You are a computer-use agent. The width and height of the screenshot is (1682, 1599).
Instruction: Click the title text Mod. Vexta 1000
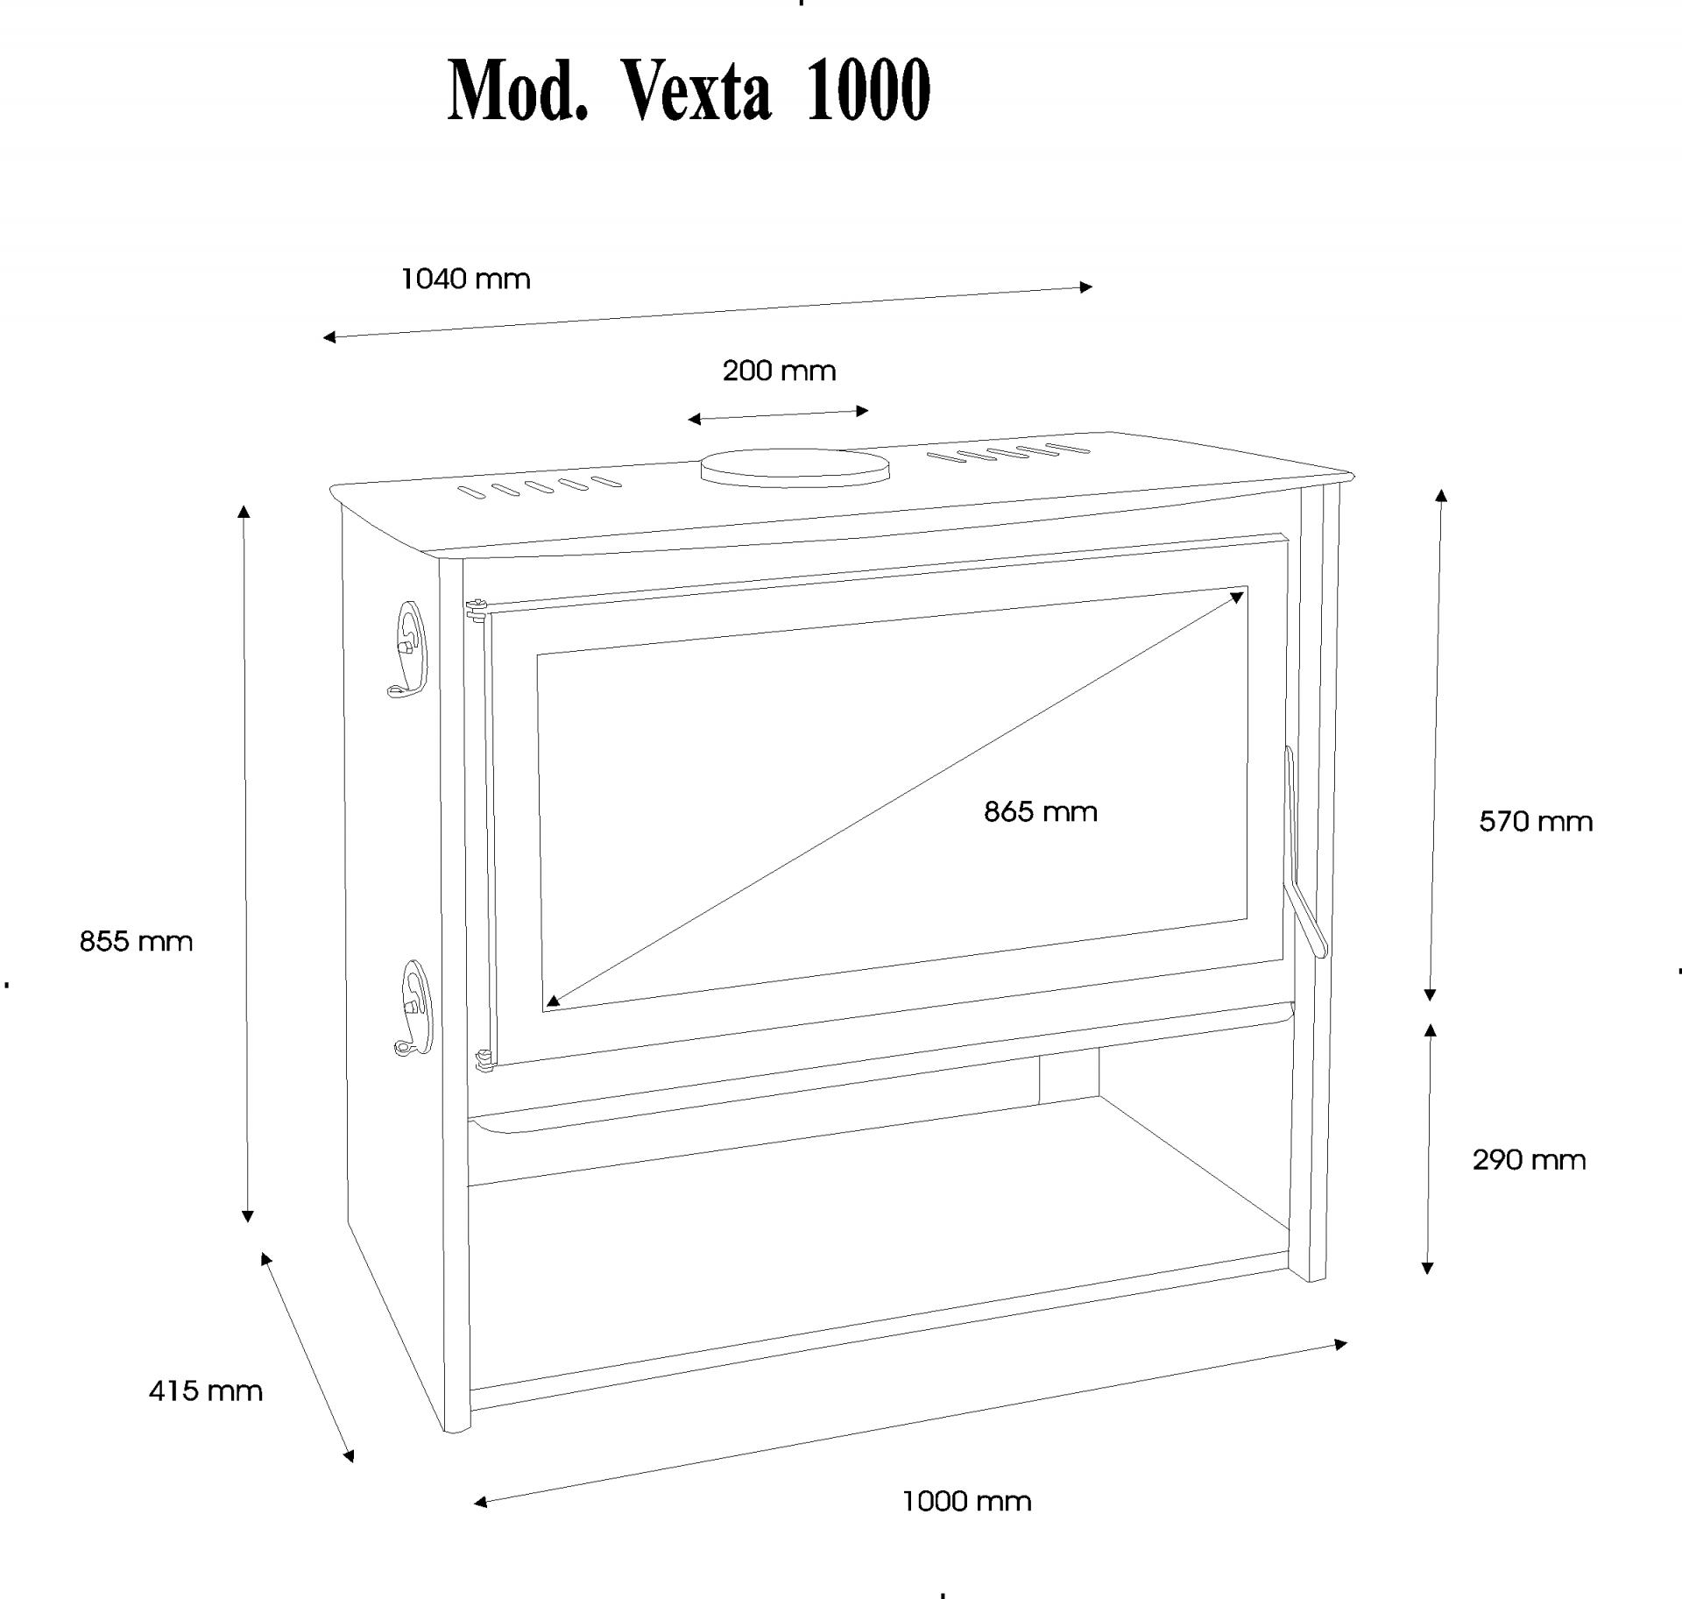click(689, 90)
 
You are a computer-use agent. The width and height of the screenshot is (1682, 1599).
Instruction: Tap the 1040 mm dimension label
click(465, 279)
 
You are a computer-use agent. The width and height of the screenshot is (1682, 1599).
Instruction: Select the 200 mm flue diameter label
click(779, 371)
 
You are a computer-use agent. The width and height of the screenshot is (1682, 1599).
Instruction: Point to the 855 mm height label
click(136, 942)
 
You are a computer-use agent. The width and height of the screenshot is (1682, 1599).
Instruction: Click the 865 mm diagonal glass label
click(1040, 811)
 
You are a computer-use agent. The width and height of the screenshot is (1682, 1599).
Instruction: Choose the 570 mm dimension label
click(1536, 822)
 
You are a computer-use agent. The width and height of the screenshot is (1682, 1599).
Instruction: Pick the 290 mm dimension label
click(1529, 1160)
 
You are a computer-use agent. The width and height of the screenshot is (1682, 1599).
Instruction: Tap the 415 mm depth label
click(205, 1390)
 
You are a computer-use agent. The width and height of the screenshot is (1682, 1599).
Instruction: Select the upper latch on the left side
click(406, 648)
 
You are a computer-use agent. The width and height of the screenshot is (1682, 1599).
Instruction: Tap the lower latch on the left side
click(412, 1008)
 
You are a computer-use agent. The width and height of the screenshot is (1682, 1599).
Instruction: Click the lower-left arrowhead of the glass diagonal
click(552, 1001)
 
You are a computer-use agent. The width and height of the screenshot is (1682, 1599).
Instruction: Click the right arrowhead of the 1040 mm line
click(1086, 287)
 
